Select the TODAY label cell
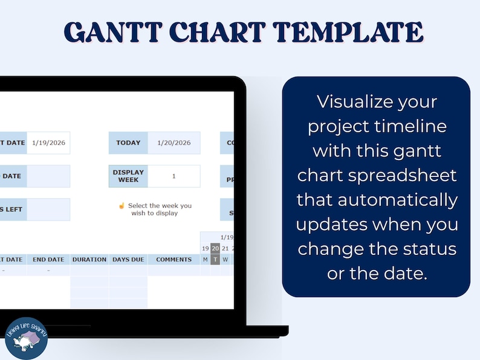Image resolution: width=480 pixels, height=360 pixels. coord(128,143)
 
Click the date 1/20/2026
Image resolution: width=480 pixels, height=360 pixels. coord(174,143)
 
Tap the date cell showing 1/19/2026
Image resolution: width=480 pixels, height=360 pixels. coord(48,143)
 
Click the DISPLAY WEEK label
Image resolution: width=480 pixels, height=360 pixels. coord(128,176)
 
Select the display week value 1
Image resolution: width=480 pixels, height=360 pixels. coord(174,176)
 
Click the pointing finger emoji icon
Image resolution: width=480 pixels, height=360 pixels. coord(122,205)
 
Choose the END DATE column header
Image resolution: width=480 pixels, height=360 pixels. coord(48,260)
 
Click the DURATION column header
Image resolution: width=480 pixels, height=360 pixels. coord(89,260)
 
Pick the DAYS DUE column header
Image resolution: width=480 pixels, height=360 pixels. coord(128,260)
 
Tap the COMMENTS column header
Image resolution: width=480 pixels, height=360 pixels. coord(174,260)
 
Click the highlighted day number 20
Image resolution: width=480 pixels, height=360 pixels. coord(215,248)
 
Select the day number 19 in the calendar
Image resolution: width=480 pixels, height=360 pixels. coord(206,248)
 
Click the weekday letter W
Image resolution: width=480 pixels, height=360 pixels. coord(225,260)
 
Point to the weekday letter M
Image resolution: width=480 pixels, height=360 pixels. coord(206,260)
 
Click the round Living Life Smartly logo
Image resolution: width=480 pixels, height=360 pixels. coord(26,338)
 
